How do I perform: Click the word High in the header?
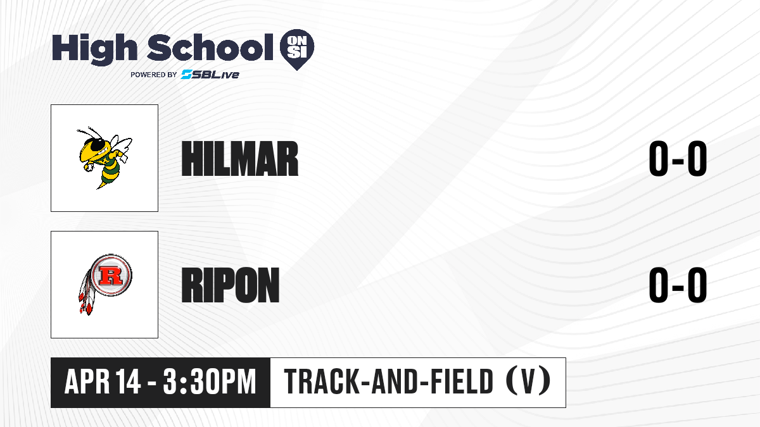[x=94, y=49]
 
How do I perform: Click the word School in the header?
[x=210, y=47]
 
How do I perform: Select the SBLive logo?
[x=210, y=75]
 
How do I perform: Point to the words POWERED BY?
[x=154, y=75]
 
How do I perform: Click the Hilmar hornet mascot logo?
[x=104, y=158]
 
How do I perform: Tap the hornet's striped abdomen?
[x=108, y=175]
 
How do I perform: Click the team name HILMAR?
[x=240, y=159]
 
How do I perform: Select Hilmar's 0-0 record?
[x=678, y=159]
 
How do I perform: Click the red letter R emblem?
[x=111, y=275]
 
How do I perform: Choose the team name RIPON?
[x=231, y=285]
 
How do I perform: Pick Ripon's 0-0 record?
[x=678, y=285]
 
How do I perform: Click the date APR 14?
[x=103, y=381]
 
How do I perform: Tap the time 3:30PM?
[x=210, y=381]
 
